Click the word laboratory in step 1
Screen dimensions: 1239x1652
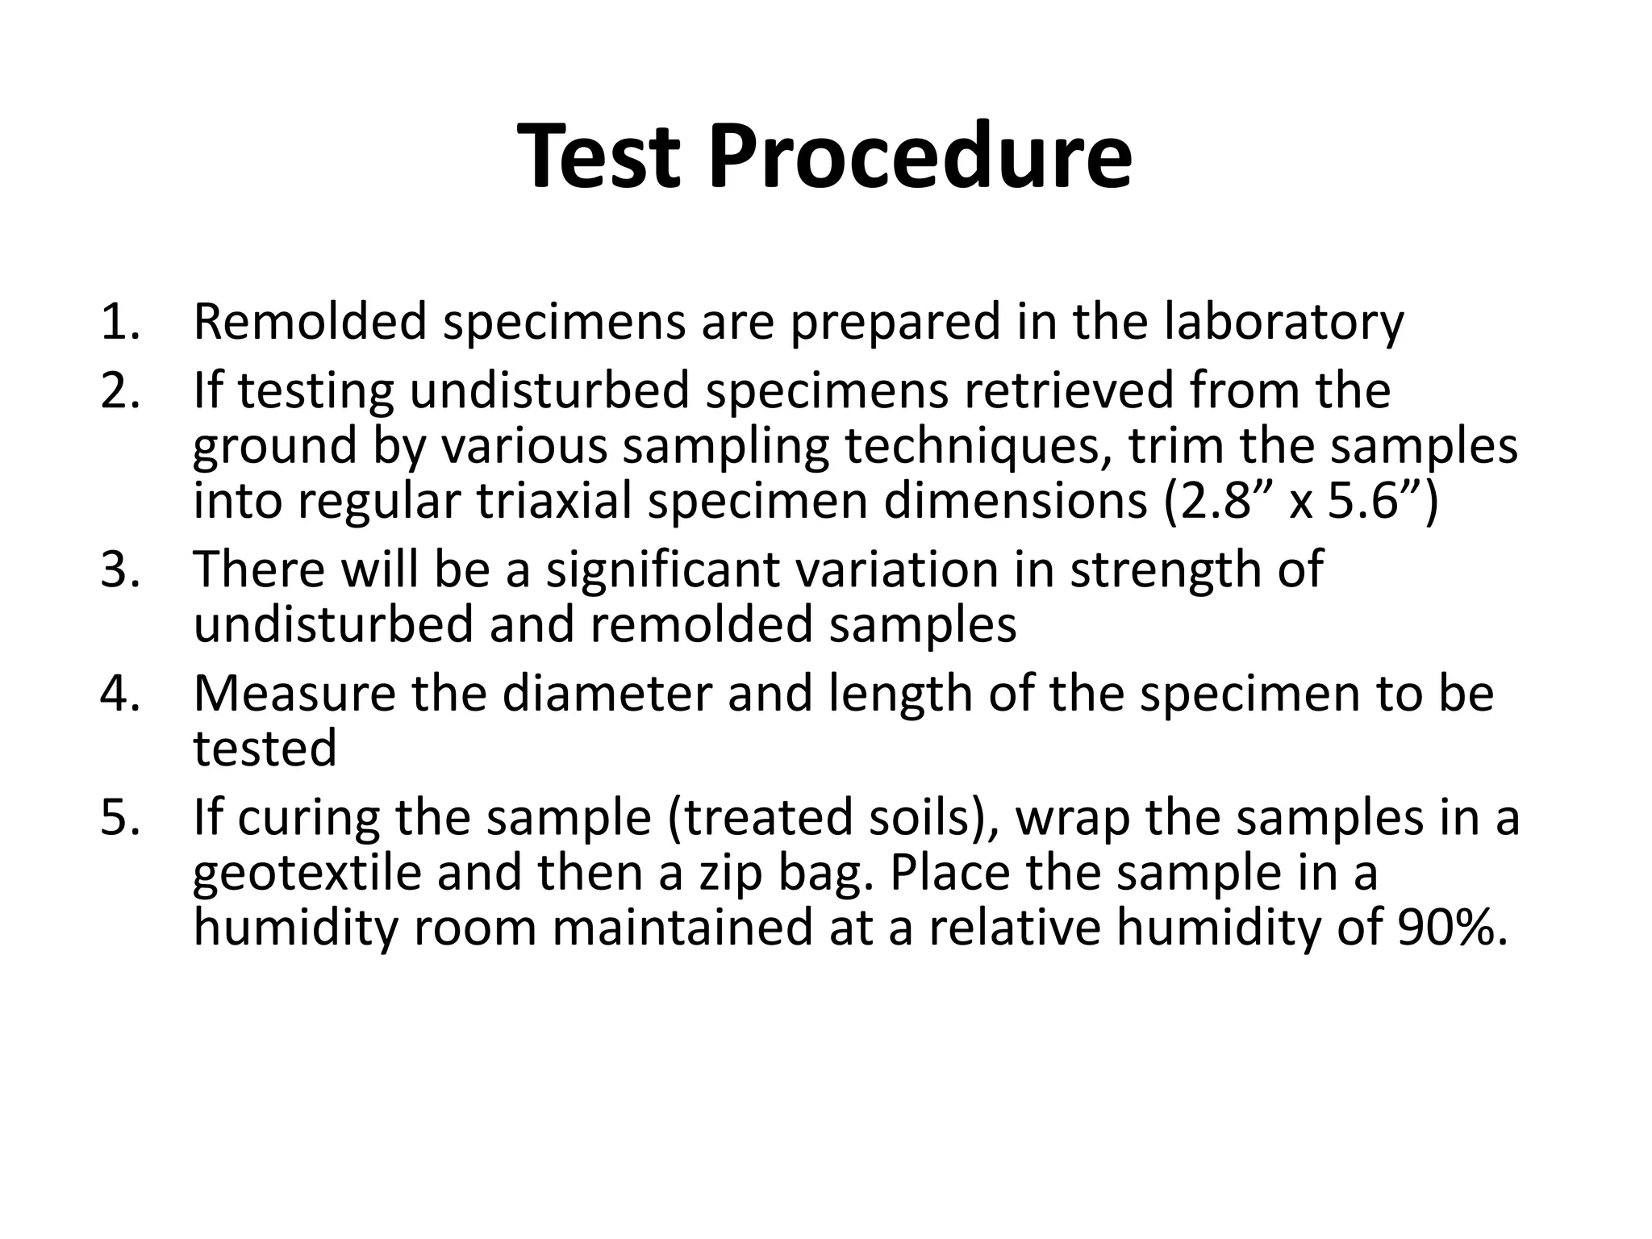[1283, 321]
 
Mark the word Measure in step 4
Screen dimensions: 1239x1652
[294, 694]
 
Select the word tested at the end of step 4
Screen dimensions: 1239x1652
[265, 748]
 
